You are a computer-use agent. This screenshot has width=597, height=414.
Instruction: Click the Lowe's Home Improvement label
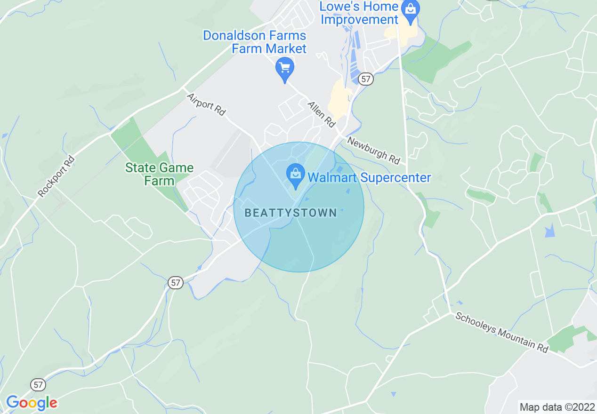[359, 13]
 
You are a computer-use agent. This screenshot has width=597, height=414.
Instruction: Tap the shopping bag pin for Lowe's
[411, 11]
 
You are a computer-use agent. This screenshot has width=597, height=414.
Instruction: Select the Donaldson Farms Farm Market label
[255, 42]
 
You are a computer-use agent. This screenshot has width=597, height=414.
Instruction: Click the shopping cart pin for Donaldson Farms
[284, 69]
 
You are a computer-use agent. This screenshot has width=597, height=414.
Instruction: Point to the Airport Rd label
[206, 104]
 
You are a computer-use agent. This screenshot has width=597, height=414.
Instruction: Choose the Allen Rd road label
[322, 114]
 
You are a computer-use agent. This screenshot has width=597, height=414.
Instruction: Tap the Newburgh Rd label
[373, 151]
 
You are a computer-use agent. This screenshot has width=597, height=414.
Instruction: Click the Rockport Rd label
[56, 176]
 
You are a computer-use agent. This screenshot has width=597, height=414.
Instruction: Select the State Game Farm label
[159, 174]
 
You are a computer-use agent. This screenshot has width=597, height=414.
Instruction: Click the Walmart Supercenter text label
[369, 178]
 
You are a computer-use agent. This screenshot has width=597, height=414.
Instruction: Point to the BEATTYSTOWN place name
[291, 213]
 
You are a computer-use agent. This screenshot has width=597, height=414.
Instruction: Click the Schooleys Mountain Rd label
[502, 332]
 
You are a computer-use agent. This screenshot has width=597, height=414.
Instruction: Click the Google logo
[32, 403]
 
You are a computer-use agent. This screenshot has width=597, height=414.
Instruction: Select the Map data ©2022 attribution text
[556, 407]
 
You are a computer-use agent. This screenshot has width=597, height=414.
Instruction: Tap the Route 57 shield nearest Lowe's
[366, 79]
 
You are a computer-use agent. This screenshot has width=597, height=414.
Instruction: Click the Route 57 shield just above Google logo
[39, 385]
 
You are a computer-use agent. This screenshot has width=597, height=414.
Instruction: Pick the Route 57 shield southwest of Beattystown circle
[175, 283]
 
